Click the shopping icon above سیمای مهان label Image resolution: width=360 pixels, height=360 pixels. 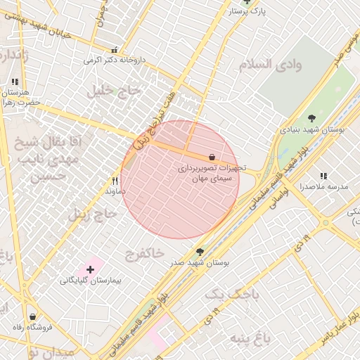pyautogui.click(x=212, y=157)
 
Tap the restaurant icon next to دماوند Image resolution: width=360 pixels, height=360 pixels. pyautogui.click(x=115, y=181)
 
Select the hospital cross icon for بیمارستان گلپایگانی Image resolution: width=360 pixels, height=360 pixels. pyautogui.click(x=90, y=269)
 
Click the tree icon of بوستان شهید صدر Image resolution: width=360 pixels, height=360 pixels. pyautogui.click(x=200, y=251)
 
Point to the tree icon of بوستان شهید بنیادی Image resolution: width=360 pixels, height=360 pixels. pyautogui.click(x=312, y=117)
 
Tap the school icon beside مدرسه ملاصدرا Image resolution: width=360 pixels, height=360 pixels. pyautogui.click(x=323, y=176)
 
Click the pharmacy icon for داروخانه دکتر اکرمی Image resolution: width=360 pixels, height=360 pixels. pyautogui.click(x=115, y=49)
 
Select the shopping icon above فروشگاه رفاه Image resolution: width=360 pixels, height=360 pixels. pyautogui.click(x=33, y=316)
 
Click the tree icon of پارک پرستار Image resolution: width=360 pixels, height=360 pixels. pyautogui.click(x=246, y=2)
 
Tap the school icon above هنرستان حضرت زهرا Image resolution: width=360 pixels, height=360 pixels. pyautogui.click(x=15, y=82)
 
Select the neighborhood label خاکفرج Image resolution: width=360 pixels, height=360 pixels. pyautogui.click(x=145, y=251)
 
